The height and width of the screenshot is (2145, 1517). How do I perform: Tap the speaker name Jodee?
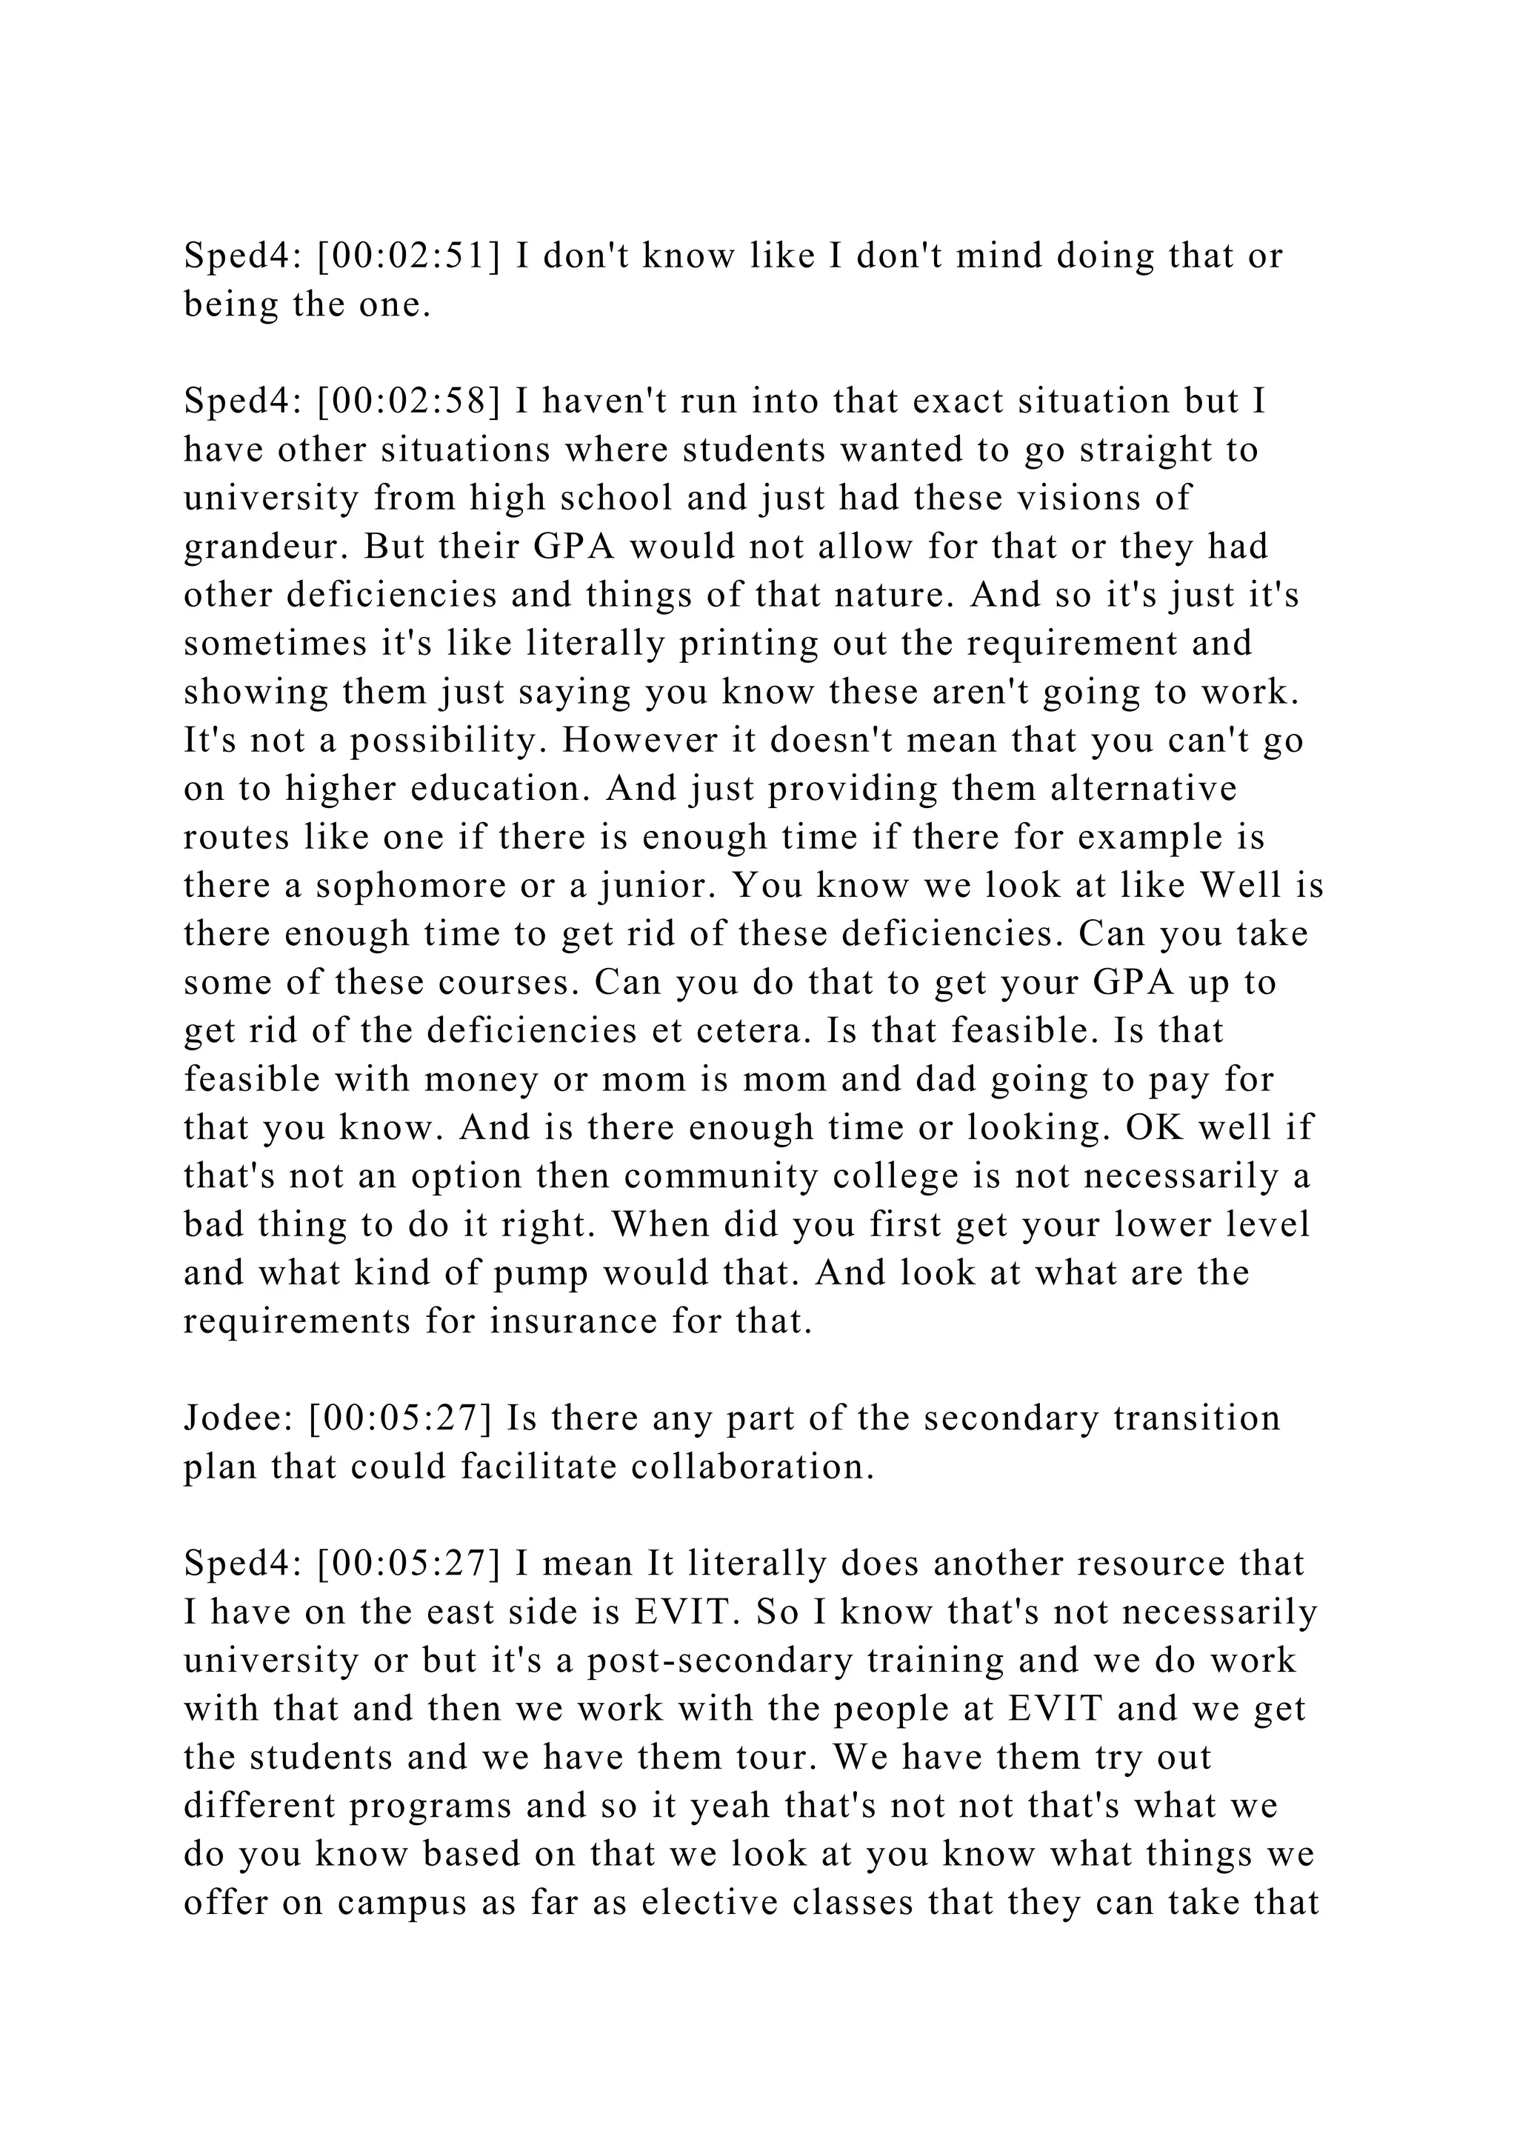(239, 1418)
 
